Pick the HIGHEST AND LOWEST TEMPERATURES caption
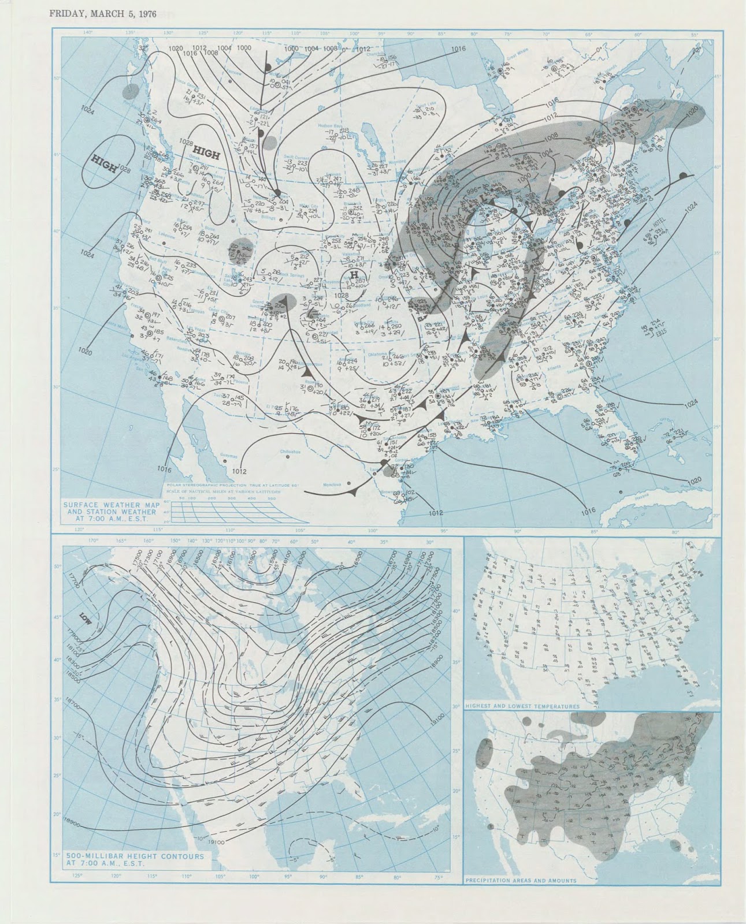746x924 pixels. click(x=522, y=706)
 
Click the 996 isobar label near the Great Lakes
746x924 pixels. click(x=472, y=192)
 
